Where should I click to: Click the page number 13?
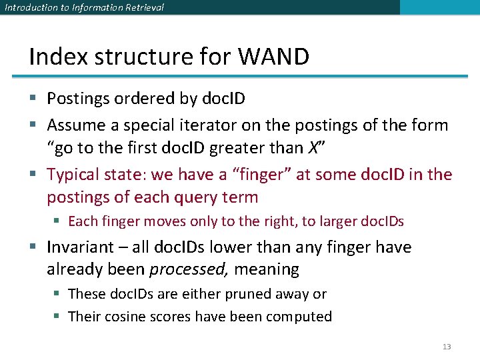click(447, 347)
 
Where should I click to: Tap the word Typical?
click(75, 175)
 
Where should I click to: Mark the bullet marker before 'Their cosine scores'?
click(58, 317)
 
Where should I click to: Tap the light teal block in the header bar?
click(439, 7)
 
